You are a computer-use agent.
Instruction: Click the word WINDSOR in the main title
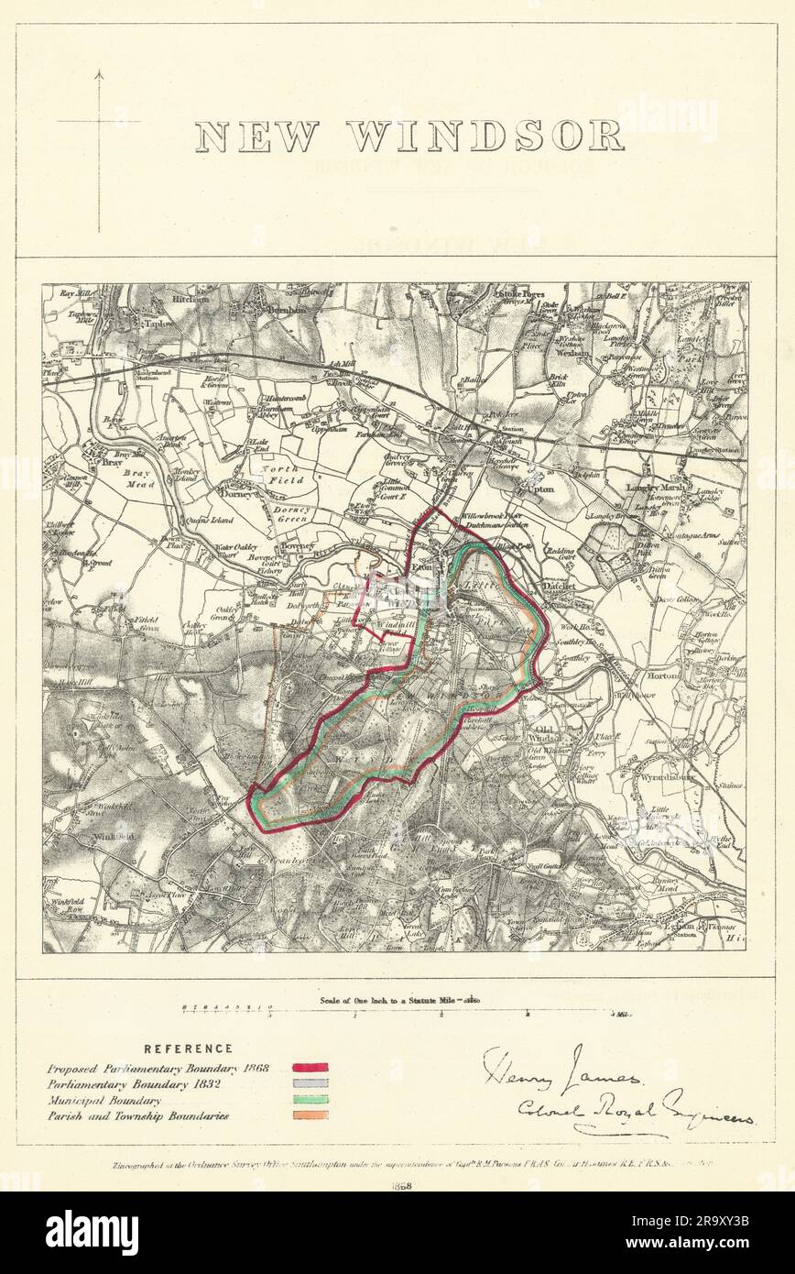tap(486, 136)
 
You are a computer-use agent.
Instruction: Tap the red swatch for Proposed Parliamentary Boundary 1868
tap(310, 1068)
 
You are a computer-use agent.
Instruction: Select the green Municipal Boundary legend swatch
tap(310, 1100)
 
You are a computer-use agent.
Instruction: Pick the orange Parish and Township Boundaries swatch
tap(310, 1115)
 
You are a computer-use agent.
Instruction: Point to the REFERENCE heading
tap(188, 1049)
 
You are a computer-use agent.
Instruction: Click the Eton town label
tap(422, 568)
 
